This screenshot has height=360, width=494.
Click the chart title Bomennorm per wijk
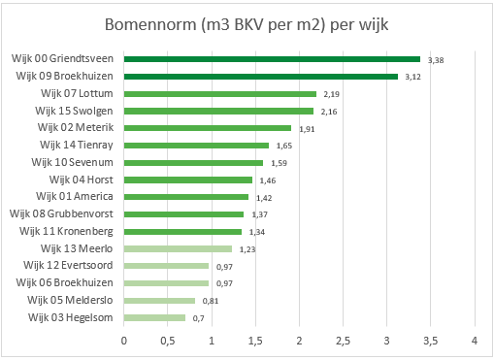(246, 23)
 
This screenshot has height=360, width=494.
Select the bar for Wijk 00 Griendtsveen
(272, 59)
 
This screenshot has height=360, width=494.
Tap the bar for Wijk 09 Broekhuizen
(260, 77)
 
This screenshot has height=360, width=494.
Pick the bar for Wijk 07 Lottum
(219, 94)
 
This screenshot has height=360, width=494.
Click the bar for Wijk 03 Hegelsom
(154, 317)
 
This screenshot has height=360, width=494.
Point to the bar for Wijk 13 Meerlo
(178, 248)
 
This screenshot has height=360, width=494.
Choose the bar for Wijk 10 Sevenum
(193, 162)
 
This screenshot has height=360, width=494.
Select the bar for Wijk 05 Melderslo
(159, 300)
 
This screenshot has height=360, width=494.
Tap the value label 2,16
(329, 112)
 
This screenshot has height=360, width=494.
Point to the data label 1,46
(268, 180)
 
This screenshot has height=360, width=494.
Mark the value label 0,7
(198, 317)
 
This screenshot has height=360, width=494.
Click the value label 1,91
(307, 128)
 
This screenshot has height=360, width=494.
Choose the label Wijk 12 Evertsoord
(68, 265)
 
